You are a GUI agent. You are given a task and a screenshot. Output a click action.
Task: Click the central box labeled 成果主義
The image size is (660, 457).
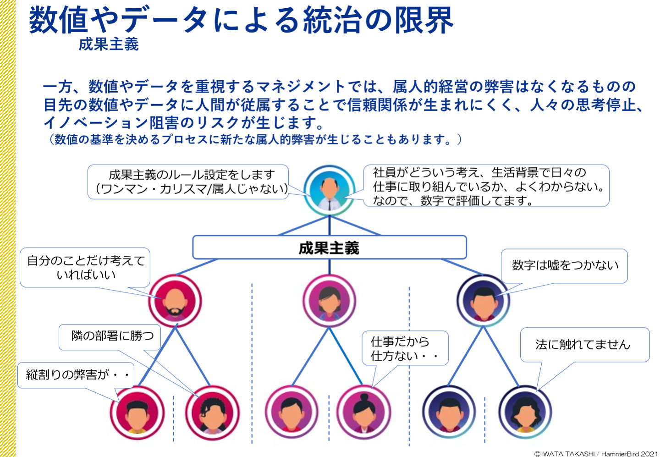(x=330, y=247)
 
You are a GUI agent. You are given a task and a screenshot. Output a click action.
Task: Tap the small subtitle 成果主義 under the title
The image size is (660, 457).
(x=109, y=44)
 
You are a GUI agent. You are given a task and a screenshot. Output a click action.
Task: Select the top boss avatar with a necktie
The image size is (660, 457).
(x=330, y=190)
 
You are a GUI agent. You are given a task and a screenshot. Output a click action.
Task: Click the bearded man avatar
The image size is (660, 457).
(x=175, y=301)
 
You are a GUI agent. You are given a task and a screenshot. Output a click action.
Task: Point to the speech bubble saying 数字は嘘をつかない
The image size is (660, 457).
(x=564, y=266)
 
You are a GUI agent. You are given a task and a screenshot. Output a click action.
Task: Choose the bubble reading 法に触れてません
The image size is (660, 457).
(x=584, y=344)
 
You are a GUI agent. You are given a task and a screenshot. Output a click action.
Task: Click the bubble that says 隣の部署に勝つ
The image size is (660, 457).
(x=110, y=337)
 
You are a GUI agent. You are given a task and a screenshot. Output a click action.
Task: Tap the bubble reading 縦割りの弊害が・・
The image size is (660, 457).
(x=76, y=375)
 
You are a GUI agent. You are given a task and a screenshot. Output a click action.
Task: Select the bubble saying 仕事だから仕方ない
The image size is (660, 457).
(x=405, y=348)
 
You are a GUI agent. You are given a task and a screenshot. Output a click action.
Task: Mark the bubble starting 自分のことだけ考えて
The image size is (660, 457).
(x=85, y=267)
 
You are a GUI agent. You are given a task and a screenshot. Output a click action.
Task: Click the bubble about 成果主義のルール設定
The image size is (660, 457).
(x=188, y=182)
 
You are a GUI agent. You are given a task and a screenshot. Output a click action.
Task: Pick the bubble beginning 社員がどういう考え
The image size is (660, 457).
(x=486, y=186)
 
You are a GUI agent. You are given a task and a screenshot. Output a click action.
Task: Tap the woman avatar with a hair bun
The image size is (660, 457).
(x=364, y=412)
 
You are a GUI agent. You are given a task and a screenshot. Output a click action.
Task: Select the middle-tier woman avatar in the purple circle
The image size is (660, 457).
(x=330, y=301)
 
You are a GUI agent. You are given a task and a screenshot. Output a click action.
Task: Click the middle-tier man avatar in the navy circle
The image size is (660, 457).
(x=483, y=301)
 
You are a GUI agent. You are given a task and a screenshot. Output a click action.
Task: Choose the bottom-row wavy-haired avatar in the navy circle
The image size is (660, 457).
(x=525, y=412)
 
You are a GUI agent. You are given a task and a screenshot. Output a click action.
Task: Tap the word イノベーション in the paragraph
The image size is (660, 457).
(x=95, y=122)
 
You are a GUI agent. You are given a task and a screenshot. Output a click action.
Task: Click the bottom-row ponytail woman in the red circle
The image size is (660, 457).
(x=213, y=412)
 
